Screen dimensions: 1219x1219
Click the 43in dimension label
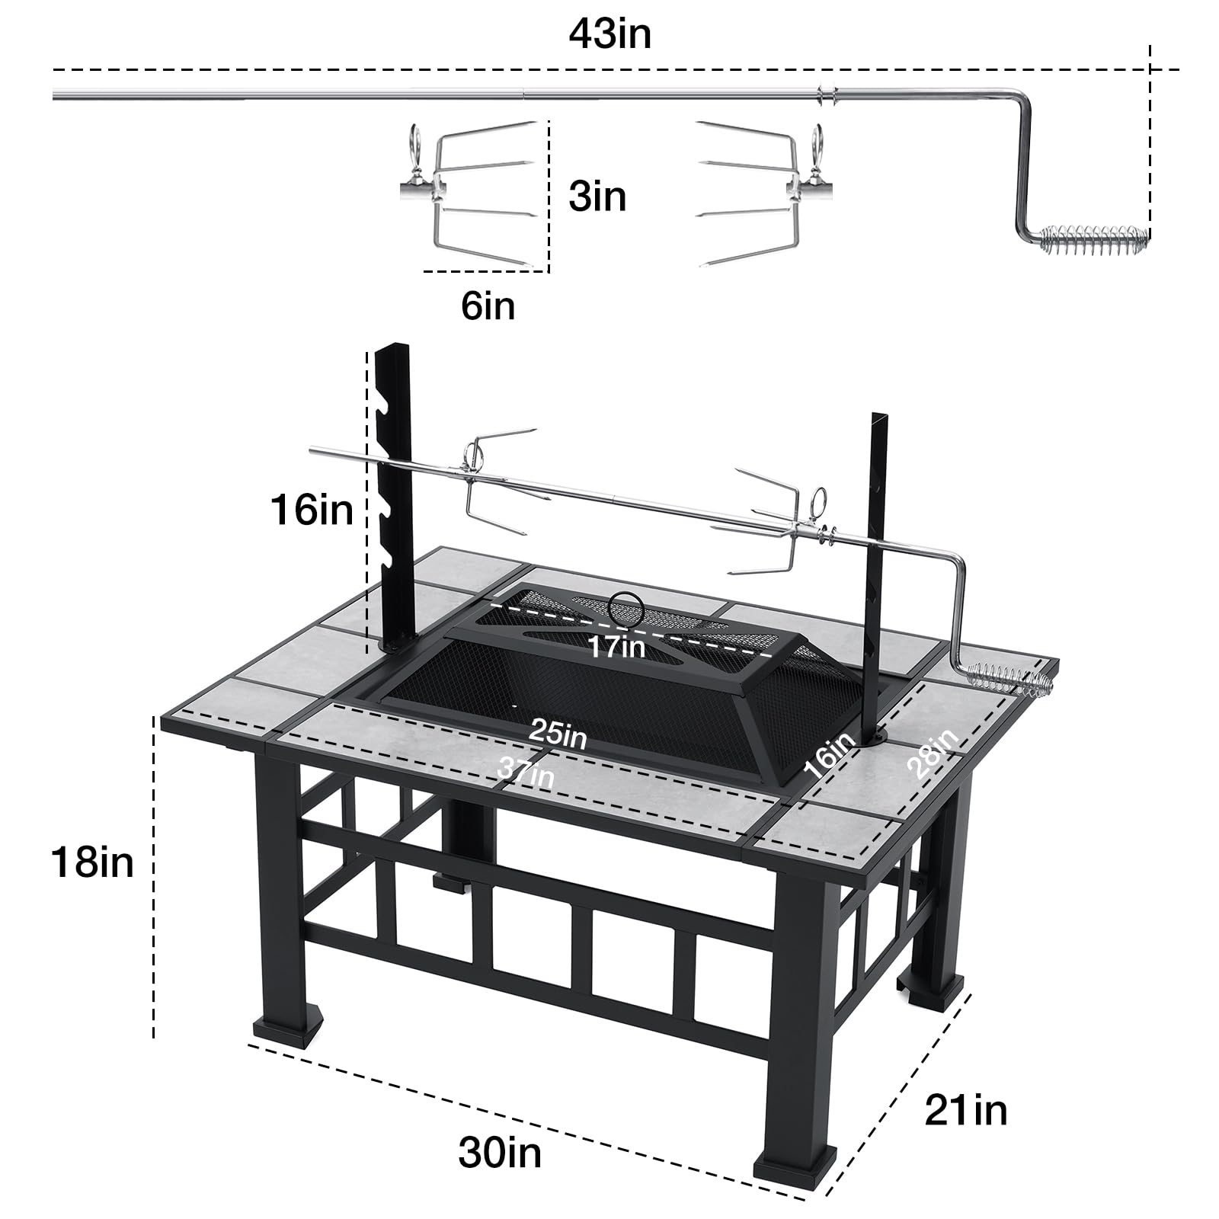tap(609, 35)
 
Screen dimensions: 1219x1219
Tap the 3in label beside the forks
tap(597, 197)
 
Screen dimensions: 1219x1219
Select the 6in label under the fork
tap(488, 306)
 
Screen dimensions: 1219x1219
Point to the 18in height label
tap(92, 862)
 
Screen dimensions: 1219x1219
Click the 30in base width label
tap(500, 1152)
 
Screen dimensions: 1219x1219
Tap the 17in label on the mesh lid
tap(616, 646)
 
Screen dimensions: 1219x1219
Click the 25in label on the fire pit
tap(558, 734)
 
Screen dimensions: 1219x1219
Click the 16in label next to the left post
tap(312, 509)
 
